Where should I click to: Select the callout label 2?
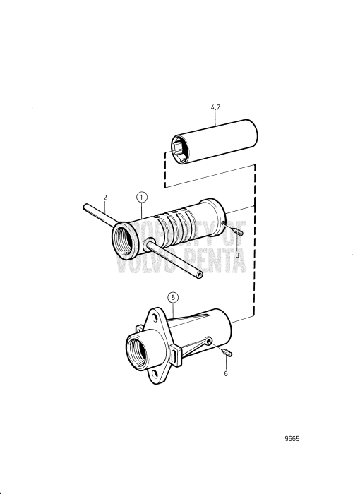(x=104, y=198)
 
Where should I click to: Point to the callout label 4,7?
(x=215, y=108)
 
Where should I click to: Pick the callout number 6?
(x=226, y=373)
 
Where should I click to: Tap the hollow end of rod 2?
(x=200, y=274)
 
